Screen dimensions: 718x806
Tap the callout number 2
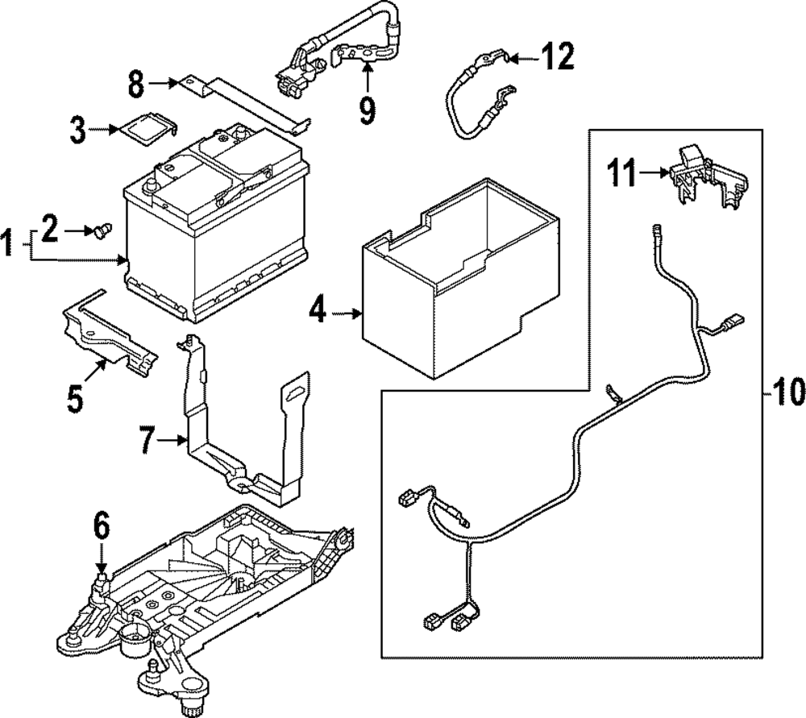50,232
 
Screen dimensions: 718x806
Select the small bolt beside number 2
100,232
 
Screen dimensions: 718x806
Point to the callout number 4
319,312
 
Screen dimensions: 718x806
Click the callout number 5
75,399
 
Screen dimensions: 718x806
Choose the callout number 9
367,110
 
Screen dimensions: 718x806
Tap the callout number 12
557,57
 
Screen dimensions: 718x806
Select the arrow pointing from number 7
174,440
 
